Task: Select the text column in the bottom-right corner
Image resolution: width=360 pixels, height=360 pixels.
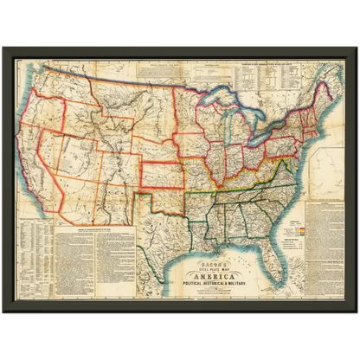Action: pos(327,260)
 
